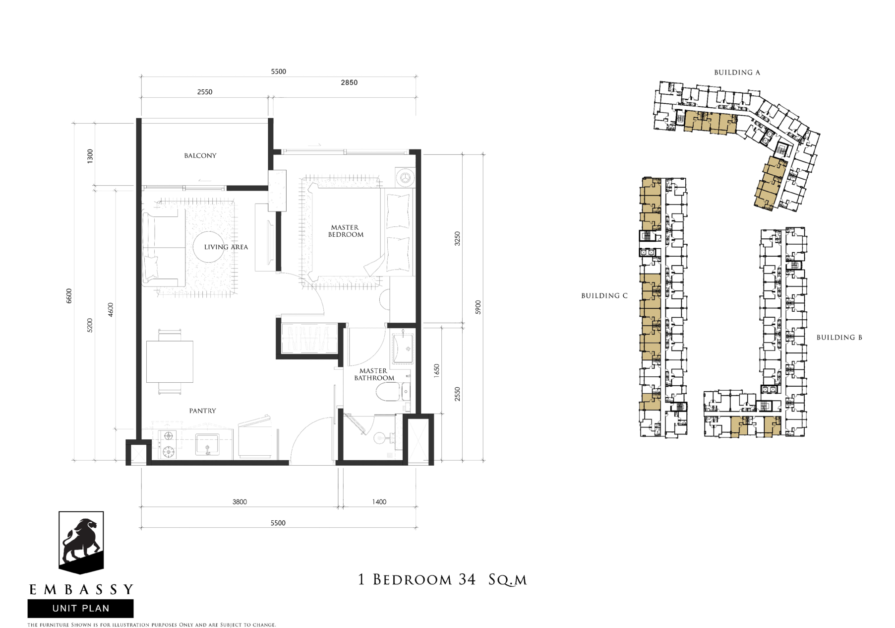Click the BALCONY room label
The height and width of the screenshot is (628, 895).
200,155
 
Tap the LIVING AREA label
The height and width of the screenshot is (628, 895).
226,247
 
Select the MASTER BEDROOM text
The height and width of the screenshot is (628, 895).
346,231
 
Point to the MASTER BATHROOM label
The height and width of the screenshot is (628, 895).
374,374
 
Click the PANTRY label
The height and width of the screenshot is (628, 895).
203,411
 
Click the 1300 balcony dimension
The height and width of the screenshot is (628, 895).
90,156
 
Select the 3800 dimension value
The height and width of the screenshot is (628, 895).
239,502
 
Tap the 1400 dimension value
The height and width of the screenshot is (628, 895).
379,502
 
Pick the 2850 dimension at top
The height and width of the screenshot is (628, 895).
349,82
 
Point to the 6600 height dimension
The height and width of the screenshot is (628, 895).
69,296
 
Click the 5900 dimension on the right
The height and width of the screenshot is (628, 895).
478,307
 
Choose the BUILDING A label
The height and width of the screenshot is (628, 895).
737,72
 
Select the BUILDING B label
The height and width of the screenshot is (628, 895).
839,338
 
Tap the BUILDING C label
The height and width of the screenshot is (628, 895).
604,296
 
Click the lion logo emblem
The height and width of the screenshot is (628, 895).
81,543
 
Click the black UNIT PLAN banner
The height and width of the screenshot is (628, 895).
80,608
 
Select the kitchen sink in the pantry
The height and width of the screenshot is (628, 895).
207,444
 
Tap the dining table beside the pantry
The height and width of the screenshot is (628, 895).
170,361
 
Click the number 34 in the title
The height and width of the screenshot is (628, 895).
467,579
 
